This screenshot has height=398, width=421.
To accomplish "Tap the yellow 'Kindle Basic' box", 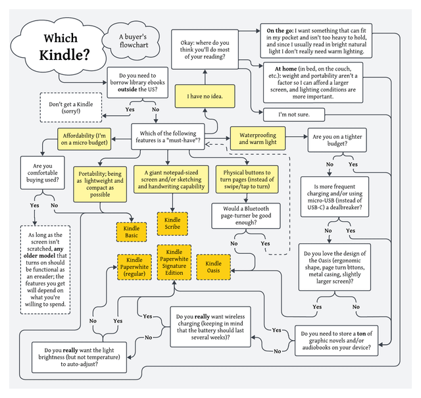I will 132,232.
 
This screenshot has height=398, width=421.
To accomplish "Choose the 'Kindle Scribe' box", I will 172,224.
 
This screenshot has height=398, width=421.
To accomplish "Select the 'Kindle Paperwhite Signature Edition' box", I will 174,262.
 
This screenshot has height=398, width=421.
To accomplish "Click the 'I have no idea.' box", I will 205,96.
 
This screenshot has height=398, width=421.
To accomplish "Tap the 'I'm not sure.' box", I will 294,114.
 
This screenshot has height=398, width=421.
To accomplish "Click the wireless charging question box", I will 212,327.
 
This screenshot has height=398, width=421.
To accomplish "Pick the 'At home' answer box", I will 313,82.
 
